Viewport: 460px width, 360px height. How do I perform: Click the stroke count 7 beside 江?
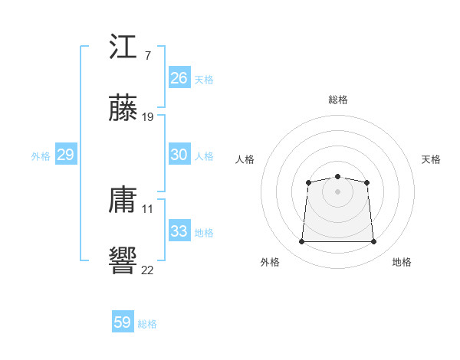point(147,56)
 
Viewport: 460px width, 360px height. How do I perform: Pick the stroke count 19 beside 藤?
point(148,117)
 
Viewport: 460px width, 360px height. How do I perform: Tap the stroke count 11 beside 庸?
point(148,208)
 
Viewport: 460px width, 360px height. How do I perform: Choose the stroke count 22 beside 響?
point(148,270)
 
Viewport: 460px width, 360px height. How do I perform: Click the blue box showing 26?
point(179,78)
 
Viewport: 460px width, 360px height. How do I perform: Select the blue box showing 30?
point(179,155)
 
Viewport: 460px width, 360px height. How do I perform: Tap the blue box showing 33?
point(179,231)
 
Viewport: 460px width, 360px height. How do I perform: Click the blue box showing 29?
point(65,155)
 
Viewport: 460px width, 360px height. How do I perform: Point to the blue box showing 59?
point(123,322)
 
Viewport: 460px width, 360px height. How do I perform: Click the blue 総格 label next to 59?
point(148,324)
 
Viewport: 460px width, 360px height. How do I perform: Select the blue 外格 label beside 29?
point(41,156)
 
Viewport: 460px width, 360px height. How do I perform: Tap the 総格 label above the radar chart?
point(338,100)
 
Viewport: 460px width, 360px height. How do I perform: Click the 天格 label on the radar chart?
point(432,159)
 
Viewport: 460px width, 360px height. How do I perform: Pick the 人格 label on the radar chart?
point(245,159)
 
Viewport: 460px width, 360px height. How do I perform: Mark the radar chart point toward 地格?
point(374,242)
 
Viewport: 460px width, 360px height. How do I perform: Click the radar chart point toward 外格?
point(301,242)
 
